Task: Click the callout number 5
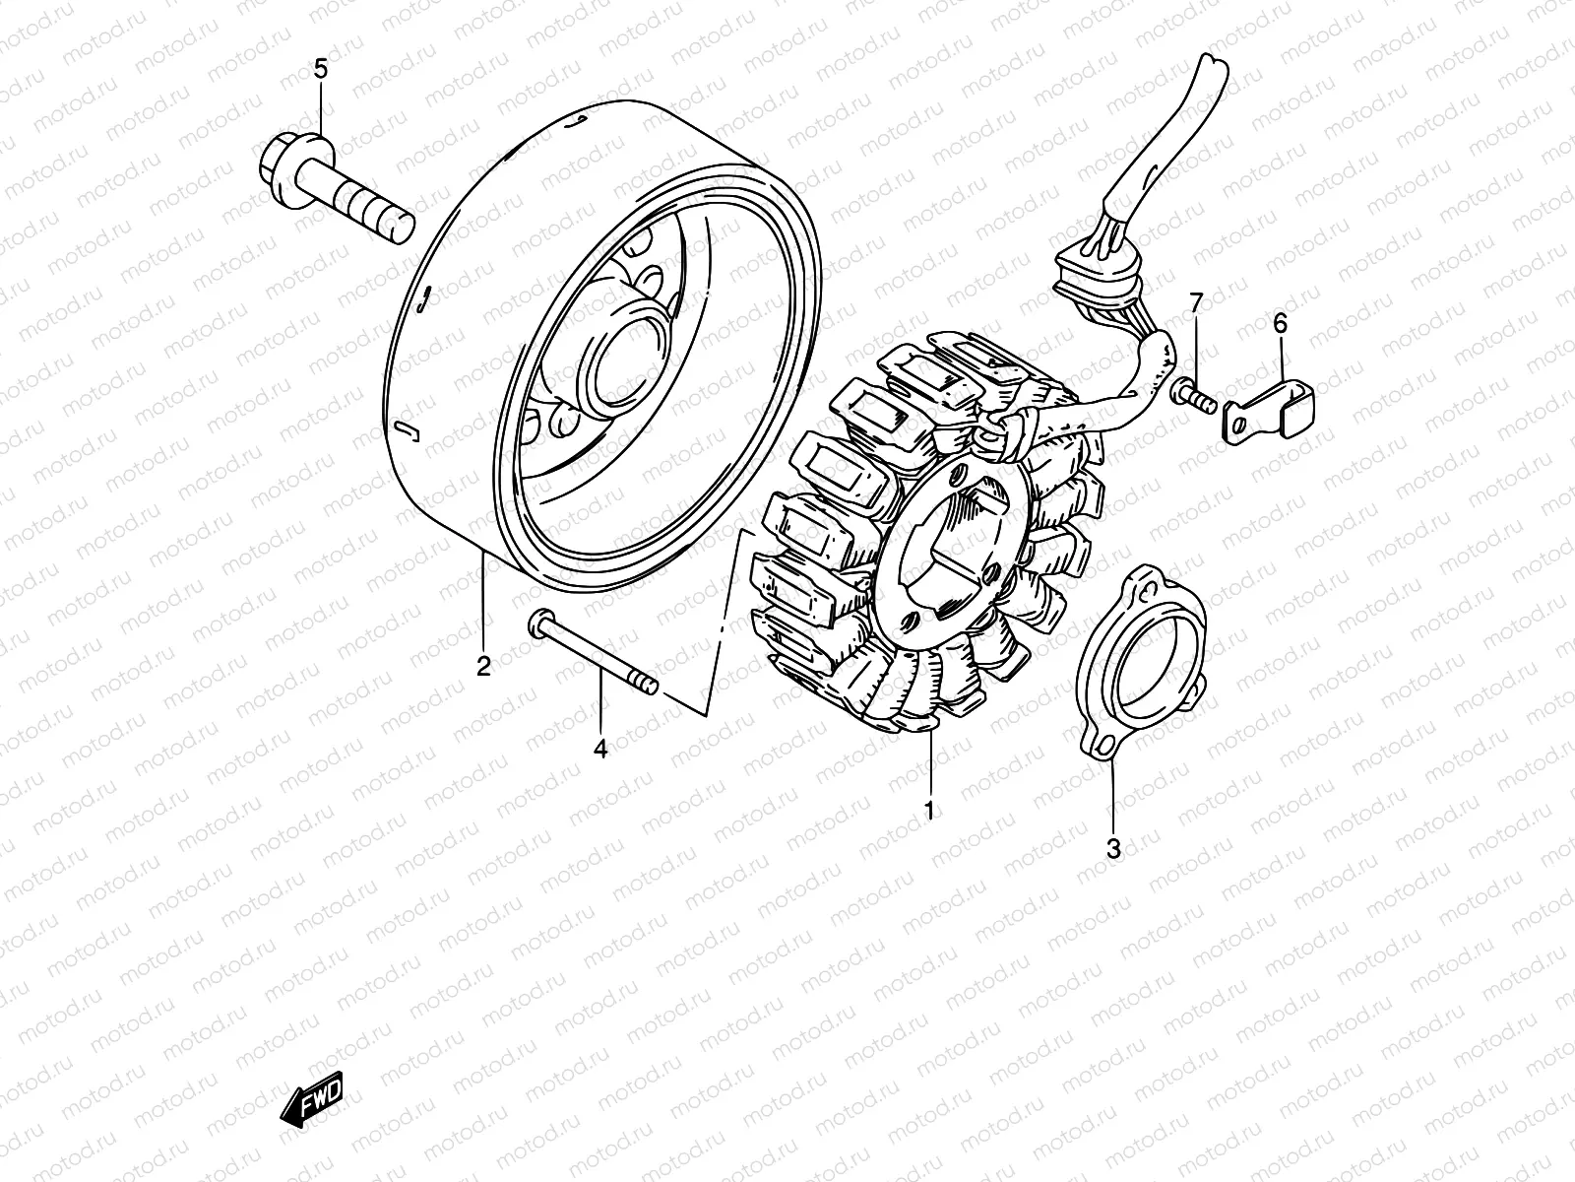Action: (x=320, y=69)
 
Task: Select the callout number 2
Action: (x=483, y=667)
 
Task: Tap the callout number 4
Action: (x=600, y=750)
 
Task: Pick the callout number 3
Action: (x=1113, y=848)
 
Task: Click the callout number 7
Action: (x=1195, y=302)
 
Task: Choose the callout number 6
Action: (x=1280, y=322)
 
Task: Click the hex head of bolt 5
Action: (x=290, y=159)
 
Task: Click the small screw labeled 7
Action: (x=1194, y=397)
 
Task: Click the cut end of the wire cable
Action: (x=1212, y=69)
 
